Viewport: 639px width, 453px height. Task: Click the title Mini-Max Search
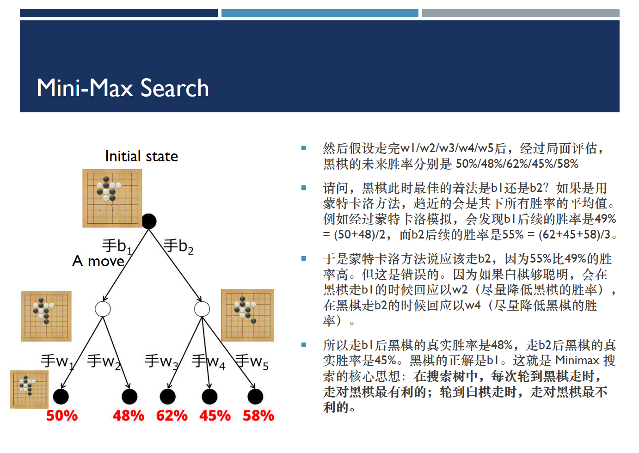[x=123, y=88]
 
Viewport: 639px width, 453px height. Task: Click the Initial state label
[x=141, y=156]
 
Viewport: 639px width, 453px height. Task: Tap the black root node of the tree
[x=148, y=221]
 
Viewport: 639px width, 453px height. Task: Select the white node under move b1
[x=103, y=309]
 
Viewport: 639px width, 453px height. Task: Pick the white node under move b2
[x=202, y=309]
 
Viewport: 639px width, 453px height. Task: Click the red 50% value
[x=62, y=416]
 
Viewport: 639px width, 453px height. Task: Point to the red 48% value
[x=129, y=416]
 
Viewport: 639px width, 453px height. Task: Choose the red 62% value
[x=172, y=416]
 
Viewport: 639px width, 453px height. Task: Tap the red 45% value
[x=215, y=416]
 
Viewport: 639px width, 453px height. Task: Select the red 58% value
[x=258, y=416]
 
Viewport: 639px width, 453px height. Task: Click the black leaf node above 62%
[x=167, y=397]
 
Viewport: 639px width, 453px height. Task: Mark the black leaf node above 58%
[x=255, y=397]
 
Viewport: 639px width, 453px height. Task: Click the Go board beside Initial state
[x=112, y=198]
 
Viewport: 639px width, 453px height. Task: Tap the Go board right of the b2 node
[x=247, y=315]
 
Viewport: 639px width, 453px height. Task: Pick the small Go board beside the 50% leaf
[x=29, y=389]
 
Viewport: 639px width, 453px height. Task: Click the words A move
[x=98, y=261]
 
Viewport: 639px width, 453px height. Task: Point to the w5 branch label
[x=252, y=361]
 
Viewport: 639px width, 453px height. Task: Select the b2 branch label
[x=178, y=246]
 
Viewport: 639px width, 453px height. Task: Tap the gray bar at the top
[x=521, y=13]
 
